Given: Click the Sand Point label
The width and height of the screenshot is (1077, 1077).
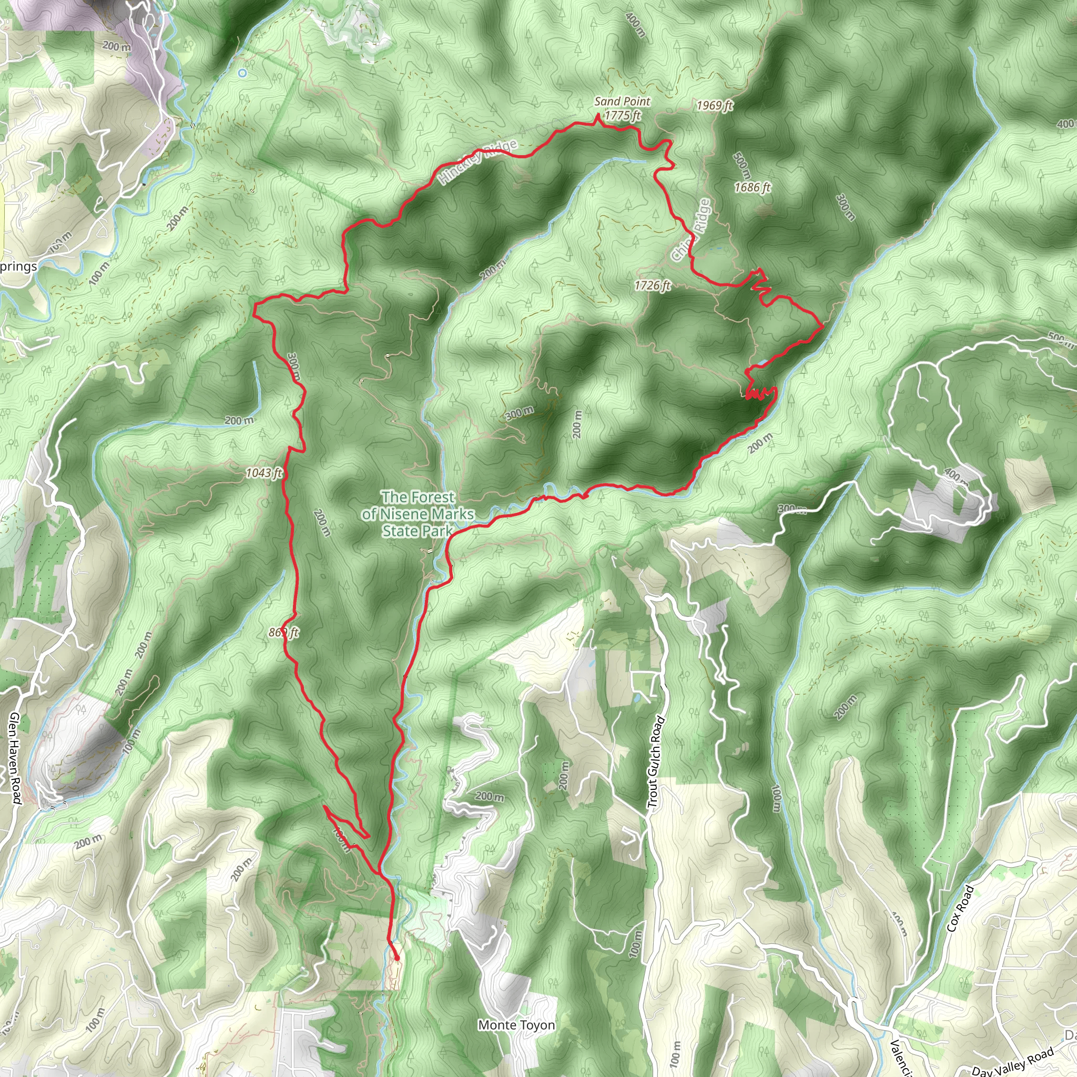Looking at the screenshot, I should click(x=622, y=101).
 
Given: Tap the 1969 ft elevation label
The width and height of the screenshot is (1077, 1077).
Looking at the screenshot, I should click(x=715, y=105).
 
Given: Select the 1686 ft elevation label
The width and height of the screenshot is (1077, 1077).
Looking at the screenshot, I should click(x=752, y=187).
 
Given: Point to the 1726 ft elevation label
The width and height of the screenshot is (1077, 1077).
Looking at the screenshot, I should click(x=652, y=286).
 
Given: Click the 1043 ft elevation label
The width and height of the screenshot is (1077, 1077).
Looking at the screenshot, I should click(x=264, y=473).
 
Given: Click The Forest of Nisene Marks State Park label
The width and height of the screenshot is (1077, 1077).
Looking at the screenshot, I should click(x=418, y=513).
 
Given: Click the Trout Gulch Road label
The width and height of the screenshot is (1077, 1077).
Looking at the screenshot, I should click(x=656, y=762).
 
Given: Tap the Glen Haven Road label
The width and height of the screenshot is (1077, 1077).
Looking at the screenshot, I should click(x=15, y=758).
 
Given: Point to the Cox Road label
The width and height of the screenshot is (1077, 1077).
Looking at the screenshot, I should click(x=960, y=908).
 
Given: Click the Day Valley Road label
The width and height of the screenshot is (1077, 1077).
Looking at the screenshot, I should click(x=1012, y=1062).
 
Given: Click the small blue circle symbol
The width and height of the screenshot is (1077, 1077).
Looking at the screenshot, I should click(x=242, y=73).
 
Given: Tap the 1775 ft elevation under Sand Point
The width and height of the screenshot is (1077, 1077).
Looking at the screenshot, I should click(x=623, y=115).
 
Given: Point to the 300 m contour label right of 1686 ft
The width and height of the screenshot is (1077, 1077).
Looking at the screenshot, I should click(x=845, y=207).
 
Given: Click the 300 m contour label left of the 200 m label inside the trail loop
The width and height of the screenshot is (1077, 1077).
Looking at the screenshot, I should click(x=519, y=413).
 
